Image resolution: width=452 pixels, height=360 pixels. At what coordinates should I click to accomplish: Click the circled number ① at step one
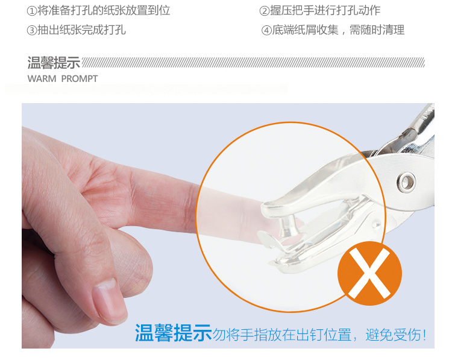coord(32,11)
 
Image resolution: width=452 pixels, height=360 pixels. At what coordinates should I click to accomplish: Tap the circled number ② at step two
coord(265,11)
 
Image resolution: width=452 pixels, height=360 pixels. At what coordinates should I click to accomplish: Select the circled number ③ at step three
coord(32,30)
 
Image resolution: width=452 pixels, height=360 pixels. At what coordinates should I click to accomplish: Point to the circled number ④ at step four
coord(266,30)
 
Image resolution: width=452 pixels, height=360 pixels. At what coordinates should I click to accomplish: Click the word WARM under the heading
coord(42,79)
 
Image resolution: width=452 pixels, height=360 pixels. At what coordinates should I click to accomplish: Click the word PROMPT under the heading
coord(80,79)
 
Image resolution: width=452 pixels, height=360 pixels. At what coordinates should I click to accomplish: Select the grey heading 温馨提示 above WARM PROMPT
coord(54,63)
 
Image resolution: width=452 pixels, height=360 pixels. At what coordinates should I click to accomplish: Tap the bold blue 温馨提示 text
coord(173,333)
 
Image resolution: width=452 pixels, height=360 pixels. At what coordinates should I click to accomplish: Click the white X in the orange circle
coord(369,273)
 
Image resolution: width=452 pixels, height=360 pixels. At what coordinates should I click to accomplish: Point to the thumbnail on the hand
coord(110,301)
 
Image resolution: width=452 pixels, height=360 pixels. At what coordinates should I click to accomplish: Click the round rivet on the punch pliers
coord(406,182)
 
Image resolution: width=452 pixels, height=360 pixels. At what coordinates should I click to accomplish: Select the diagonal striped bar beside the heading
coord(253,62)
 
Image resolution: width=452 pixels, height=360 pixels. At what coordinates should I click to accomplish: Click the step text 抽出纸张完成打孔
coord(81,30)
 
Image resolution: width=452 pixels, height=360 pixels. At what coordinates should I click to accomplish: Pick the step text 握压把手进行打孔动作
coord(325,11)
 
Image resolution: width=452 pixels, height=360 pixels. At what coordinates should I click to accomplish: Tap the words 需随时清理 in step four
coord(377,30)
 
